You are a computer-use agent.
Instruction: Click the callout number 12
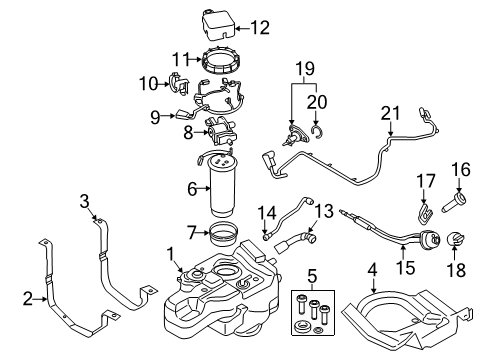tap(259, 27)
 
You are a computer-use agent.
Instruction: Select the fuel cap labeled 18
tap(456, 266)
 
